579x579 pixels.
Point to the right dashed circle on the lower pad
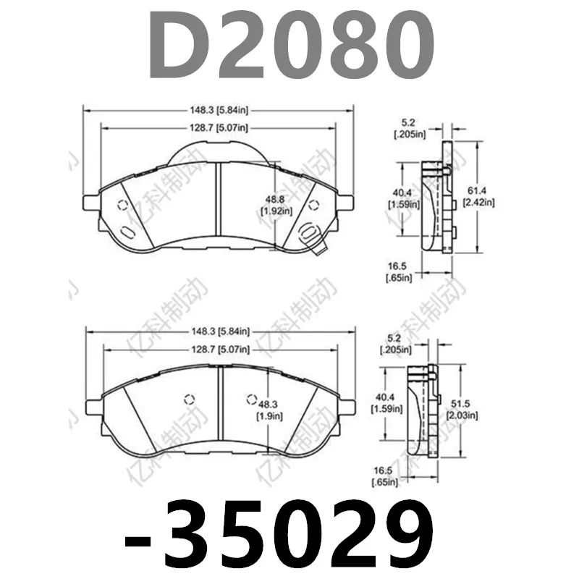click(x=251, y=399)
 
